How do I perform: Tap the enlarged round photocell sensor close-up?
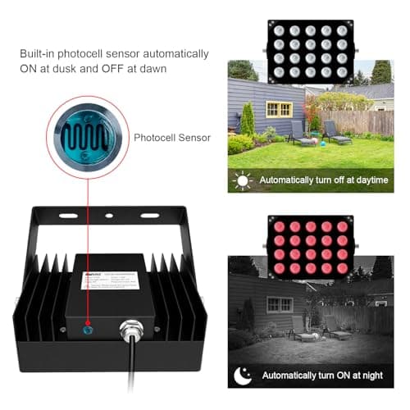click(84, 135)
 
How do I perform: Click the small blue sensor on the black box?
click(89, 326)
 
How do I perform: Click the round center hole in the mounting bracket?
click(108, 216)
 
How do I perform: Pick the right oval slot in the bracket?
click(150, 216)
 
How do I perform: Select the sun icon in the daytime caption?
click(242, 179)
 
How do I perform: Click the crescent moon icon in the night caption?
click(243, 374)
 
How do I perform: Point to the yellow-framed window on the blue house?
click(279, 108)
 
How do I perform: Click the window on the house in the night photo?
click(279, 304)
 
